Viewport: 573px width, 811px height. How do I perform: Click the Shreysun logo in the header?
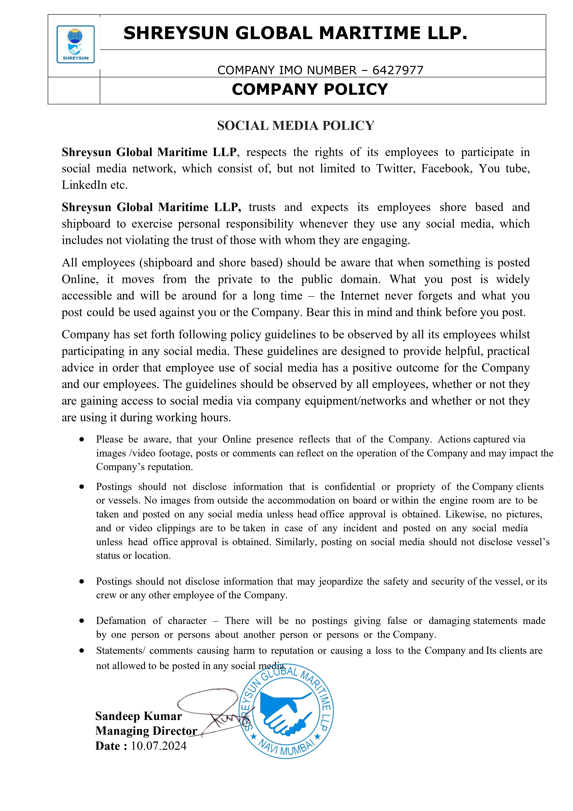tap(76, 44)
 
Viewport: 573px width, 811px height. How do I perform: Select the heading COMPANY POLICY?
tap(310, 89)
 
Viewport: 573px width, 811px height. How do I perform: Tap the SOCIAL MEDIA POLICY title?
tap(295, 126)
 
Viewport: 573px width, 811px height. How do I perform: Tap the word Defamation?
tap(121, 621)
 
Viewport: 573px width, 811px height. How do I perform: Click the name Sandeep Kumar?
tap(138, 716)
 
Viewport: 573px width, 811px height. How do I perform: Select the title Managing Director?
tap(146, 731)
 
